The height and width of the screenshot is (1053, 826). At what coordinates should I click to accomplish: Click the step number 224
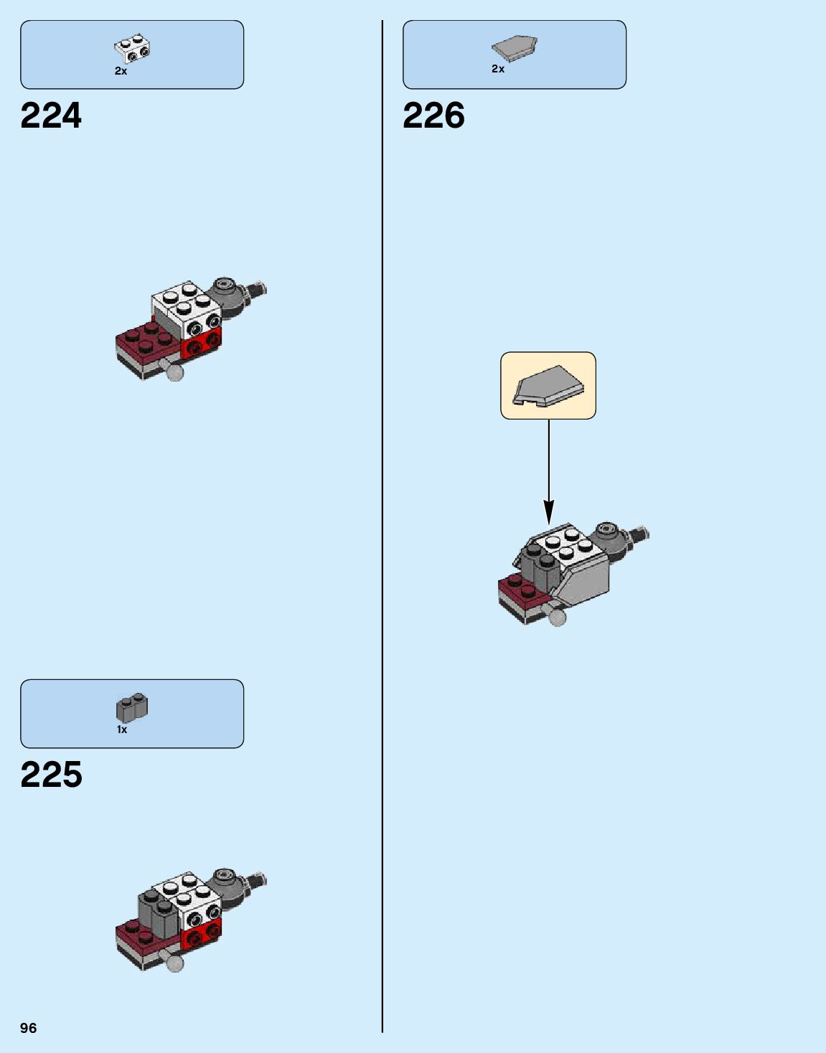coord(51,115)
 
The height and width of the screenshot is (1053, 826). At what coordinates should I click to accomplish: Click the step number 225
coord(51,775)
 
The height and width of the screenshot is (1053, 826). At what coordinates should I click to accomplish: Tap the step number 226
coord(433,115)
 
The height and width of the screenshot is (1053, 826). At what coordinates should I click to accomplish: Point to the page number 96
coord(28,1028)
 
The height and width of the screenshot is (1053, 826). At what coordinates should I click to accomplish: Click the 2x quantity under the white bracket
coord(121,71)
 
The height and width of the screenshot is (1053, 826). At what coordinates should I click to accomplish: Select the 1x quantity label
coord(122,729)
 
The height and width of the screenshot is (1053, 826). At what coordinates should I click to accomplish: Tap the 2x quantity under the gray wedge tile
coord(498,69)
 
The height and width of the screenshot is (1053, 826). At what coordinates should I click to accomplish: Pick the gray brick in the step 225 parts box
coord(131,707)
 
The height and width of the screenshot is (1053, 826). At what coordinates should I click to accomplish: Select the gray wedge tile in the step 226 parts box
coord(514,48)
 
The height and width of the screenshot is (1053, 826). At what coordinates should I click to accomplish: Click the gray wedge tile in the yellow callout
coord(548,386)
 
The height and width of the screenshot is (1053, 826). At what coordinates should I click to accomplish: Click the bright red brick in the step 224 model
coord(202,345)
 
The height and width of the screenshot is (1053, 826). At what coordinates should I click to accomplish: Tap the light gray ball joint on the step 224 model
coord(174,371)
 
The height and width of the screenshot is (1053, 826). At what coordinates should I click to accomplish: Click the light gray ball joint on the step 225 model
coord(174,962)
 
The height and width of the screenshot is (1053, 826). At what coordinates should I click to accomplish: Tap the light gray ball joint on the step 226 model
coord(556,615)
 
